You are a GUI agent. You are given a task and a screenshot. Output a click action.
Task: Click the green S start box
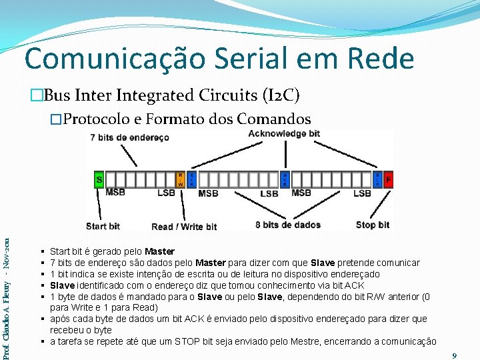pyautogui.click(x=99, y=179)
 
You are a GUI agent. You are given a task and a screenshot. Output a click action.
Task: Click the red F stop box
pyautogui.click(x=389, y=179)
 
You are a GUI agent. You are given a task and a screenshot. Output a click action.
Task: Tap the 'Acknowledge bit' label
pyautogui.click(x=284, y=133)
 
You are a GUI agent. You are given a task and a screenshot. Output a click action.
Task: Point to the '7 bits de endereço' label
pyautogui.click(x=129, y=137)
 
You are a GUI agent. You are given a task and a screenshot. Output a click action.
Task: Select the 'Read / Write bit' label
pyautogui.click(x=185, y=227)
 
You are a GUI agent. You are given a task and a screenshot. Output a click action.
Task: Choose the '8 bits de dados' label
pyautogui.click(x=288, y=225)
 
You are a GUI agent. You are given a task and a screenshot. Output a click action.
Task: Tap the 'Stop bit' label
pyautogui.click(x=373, y=225)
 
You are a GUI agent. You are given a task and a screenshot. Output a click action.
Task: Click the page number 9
pyautogui.click(x=454, y=356)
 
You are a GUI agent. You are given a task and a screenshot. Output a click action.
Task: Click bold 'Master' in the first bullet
pyautogui.click(x=160, y=251)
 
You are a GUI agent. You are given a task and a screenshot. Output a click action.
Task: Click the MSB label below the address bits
pyautogui.click(x=115, y=193)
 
